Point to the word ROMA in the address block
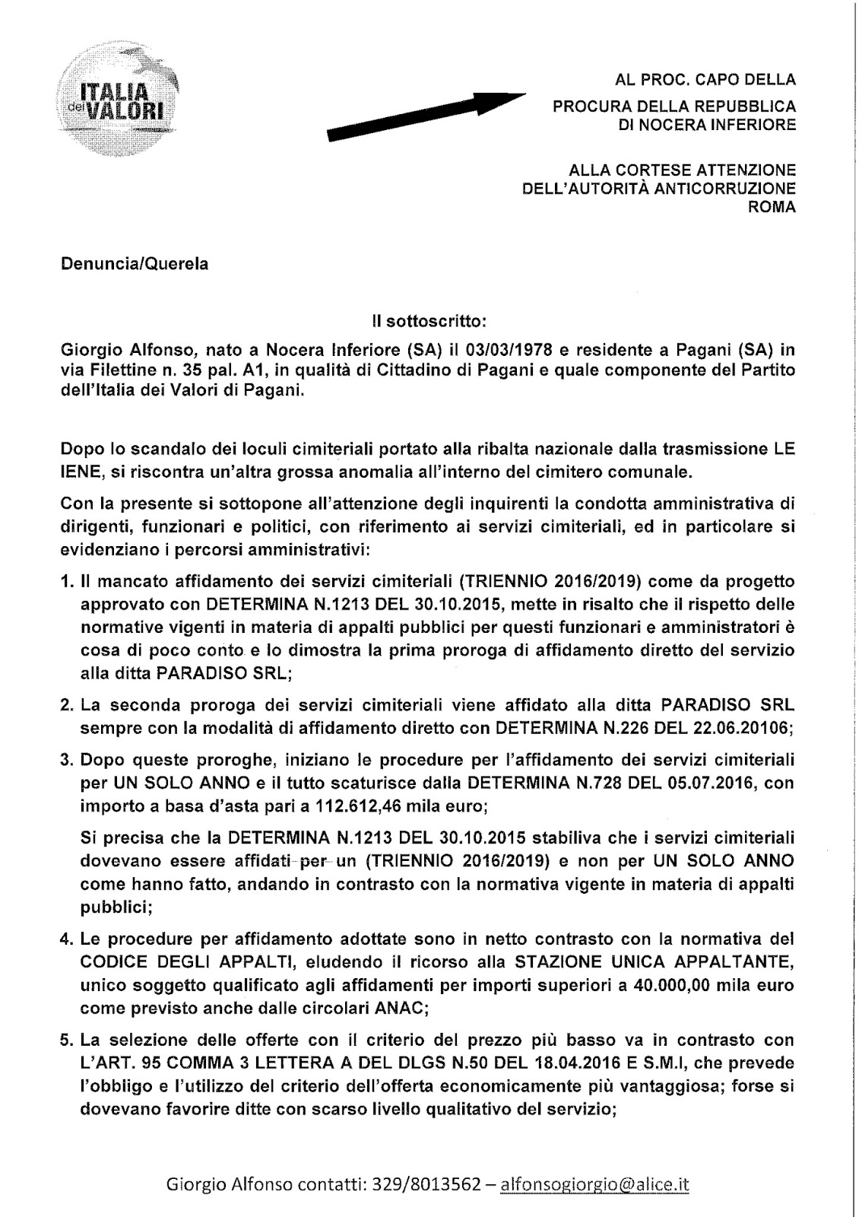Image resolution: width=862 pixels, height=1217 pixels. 772,206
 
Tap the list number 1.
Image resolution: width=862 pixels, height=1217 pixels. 66,582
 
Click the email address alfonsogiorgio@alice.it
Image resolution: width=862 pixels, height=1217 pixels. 595,1184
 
